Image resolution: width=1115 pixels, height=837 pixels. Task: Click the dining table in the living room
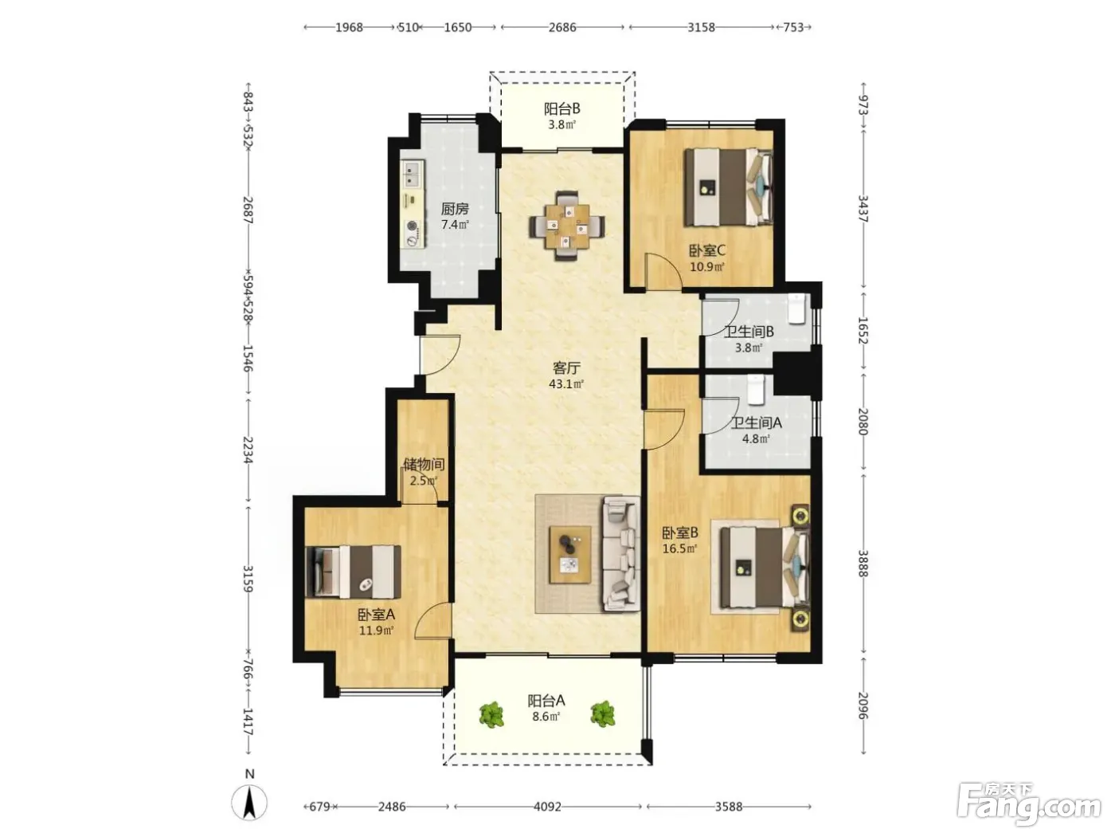tap(567, 226)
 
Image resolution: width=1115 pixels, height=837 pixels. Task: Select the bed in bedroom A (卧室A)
tap(353, 572)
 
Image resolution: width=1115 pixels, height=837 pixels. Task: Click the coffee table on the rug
tap(570, 555)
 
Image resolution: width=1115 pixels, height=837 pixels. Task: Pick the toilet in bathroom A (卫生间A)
tap(756, 390)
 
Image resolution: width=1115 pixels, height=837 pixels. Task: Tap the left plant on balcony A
tap(491, 715)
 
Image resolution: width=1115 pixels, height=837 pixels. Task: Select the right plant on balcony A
tap(603, 714)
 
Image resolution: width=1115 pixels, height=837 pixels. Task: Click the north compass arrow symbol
tap(249, 803)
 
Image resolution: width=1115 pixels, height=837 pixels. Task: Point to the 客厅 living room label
tap(566, 367)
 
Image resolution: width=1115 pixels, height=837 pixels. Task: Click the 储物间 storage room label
tap(424, 464)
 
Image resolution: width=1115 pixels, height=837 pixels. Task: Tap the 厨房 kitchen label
tap(455, 209)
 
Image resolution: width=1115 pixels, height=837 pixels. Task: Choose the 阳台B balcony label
tap(561, 108)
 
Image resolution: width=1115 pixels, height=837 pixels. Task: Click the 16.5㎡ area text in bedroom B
tap(679, 548)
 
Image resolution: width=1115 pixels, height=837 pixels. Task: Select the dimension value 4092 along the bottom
tap(548, 807)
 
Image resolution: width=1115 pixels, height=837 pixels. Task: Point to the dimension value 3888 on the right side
tap(863, 563)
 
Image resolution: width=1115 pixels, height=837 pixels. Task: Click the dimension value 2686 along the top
tap(562, 27)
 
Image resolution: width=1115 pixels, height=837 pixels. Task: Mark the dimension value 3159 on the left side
tap(248, 579)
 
